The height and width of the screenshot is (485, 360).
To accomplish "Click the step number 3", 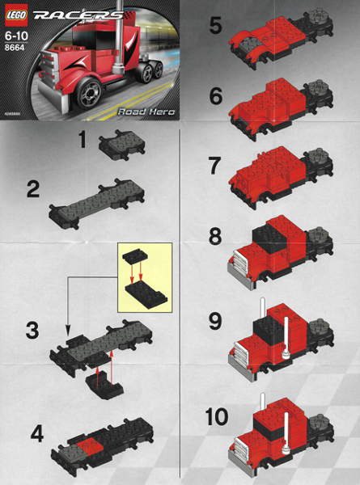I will point(33,330).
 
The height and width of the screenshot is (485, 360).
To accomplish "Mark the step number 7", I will point(214,166).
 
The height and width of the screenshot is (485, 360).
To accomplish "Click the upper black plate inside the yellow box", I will point(131,258).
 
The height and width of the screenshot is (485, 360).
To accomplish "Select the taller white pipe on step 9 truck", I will point(262,311).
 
